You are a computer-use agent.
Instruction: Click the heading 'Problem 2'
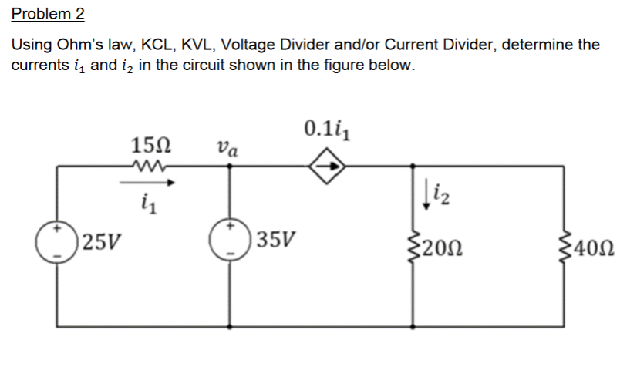(48, 15)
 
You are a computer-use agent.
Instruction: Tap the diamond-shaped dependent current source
(323, 164)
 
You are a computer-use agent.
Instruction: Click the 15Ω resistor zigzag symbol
(147, 164)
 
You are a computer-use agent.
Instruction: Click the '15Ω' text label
(147, 144)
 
